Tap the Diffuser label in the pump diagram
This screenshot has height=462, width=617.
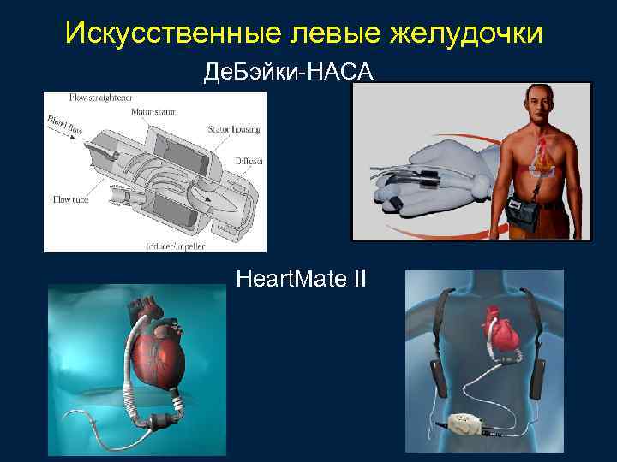click(249, 160)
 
